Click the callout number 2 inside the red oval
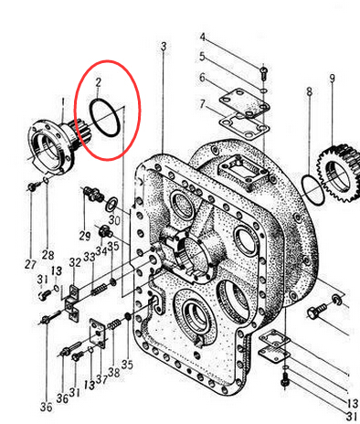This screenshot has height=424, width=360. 98,82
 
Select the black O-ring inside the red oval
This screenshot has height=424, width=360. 91,117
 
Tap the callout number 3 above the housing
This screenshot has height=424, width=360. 164,47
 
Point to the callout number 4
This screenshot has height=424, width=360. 203,37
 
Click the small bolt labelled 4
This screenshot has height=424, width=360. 264,73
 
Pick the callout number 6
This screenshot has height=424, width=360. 203,78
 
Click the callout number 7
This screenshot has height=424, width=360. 203,104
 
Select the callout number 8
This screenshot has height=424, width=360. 309,90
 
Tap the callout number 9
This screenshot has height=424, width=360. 332,79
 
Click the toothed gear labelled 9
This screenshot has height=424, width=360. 339,174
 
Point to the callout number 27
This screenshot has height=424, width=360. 30,264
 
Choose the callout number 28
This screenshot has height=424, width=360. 48,255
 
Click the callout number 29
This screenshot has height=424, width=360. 85,236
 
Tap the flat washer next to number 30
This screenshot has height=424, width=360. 111,204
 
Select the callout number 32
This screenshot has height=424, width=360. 75,262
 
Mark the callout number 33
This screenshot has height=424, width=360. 90,257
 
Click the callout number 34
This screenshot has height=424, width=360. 101,251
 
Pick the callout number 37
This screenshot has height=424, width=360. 101,379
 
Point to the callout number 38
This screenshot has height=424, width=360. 114,372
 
